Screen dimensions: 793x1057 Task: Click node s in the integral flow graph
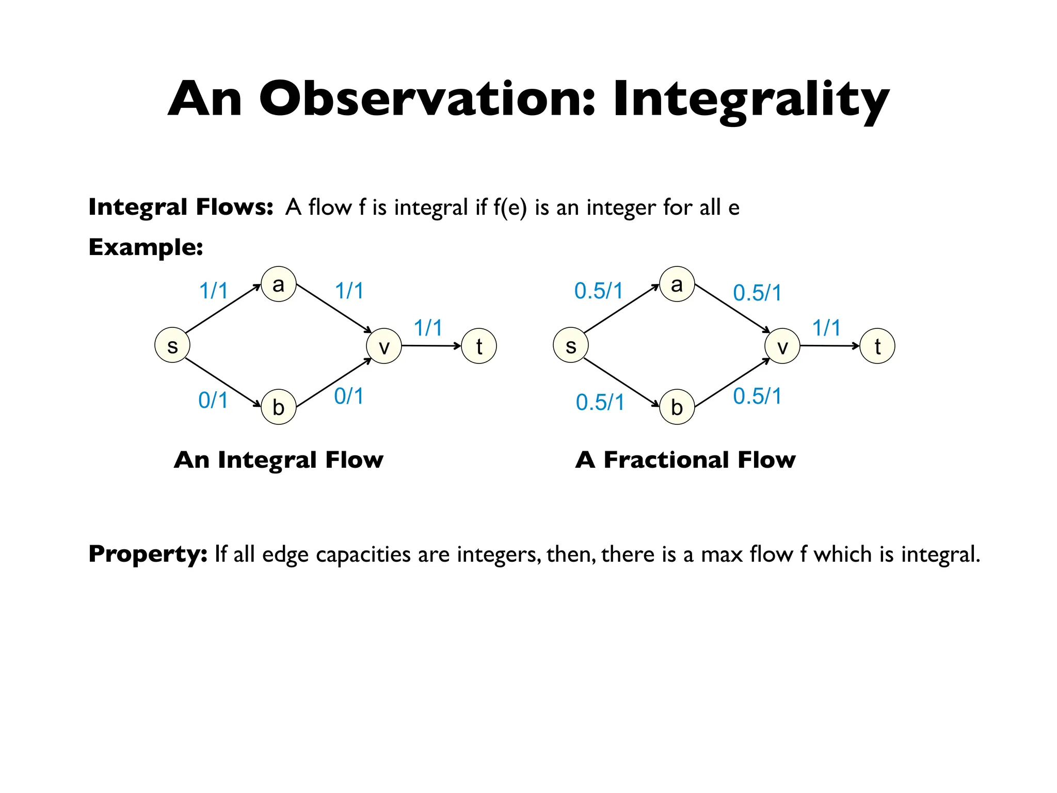[172, 345]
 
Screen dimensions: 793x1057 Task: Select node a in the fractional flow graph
[677, 284]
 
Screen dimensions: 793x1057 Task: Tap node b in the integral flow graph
[278, 407]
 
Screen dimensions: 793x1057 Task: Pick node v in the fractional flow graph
[782, 346]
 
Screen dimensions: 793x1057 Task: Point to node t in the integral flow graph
[479, 346]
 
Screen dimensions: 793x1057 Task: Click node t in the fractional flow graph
[877, 346]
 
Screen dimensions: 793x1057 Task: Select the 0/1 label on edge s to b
[213, 400]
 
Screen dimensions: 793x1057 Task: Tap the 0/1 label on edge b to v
[348, 396]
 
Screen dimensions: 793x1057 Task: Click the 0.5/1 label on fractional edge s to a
[599, 291]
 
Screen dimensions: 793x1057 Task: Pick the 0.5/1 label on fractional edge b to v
[757, 396]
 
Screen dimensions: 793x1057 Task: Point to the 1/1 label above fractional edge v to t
[826, 327]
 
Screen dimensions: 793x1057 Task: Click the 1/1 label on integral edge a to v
[349, 291]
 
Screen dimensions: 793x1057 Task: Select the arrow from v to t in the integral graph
[431, 345]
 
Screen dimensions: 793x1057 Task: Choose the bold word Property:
[148, 553]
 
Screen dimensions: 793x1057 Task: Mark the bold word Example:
[146, 247]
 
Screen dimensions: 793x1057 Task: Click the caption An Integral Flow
[279, 459]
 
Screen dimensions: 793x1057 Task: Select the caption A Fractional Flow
[685, 459]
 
